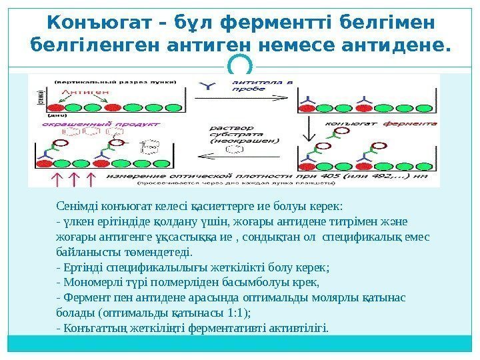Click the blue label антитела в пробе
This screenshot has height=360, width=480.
[253, 84]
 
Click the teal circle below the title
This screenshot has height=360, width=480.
[240, 65]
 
